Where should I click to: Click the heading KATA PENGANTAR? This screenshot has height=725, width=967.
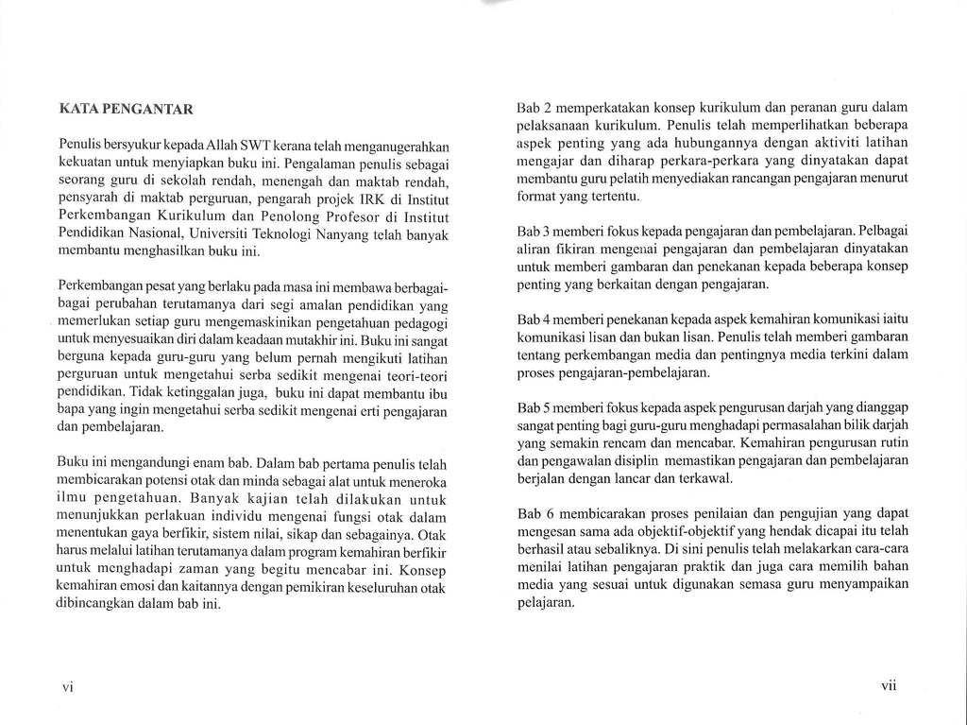click(126, 109)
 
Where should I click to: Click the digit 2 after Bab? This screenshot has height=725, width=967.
click(547, 109)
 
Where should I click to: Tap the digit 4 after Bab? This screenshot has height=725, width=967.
click(547, 319)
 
